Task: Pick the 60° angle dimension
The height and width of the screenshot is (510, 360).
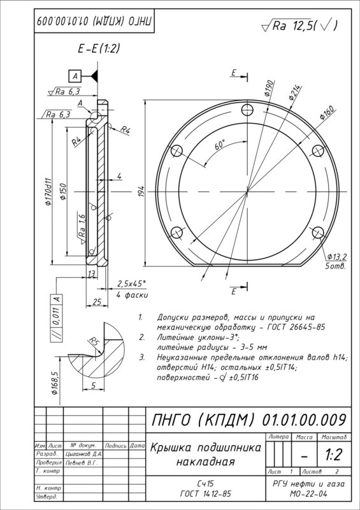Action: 220,145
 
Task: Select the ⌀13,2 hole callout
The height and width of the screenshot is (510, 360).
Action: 336,257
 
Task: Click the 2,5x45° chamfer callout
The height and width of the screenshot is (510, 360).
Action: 131,283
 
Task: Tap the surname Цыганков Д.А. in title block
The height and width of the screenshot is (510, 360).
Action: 82,453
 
